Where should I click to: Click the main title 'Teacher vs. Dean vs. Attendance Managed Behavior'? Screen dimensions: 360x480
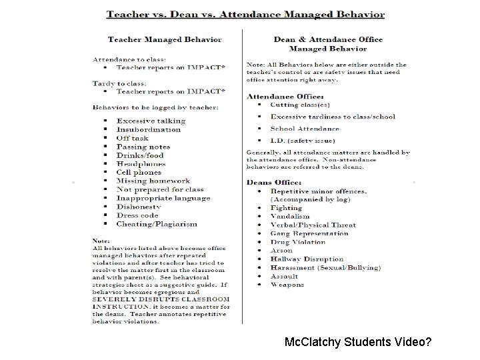tap(246, 13)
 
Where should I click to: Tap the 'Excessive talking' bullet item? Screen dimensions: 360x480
tap(151, 121)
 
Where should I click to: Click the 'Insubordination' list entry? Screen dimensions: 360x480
tap(149, 129)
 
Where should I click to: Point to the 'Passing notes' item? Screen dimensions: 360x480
tap(143, 147)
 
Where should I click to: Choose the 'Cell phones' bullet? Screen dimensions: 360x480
tap(139, 172)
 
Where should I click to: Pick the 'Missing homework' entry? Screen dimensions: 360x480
tap(153, 181)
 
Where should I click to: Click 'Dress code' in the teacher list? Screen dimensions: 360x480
tap(137, 215)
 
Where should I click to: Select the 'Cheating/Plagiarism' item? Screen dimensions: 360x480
tap(157, 224)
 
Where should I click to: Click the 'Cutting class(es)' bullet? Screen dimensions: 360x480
tap(299, 105)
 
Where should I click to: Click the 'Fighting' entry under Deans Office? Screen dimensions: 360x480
tap(286, 208)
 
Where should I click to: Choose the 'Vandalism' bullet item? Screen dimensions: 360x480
tap(290, 217)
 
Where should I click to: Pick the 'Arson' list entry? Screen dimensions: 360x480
tap(281, 251)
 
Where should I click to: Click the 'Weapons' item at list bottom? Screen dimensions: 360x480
tap(287, 285)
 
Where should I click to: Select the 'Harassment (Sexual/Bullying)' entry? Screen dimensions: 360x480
tap(325, 267)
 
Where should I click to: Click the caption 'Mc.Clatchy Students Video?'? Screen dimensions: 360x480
tap(357, 343)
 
